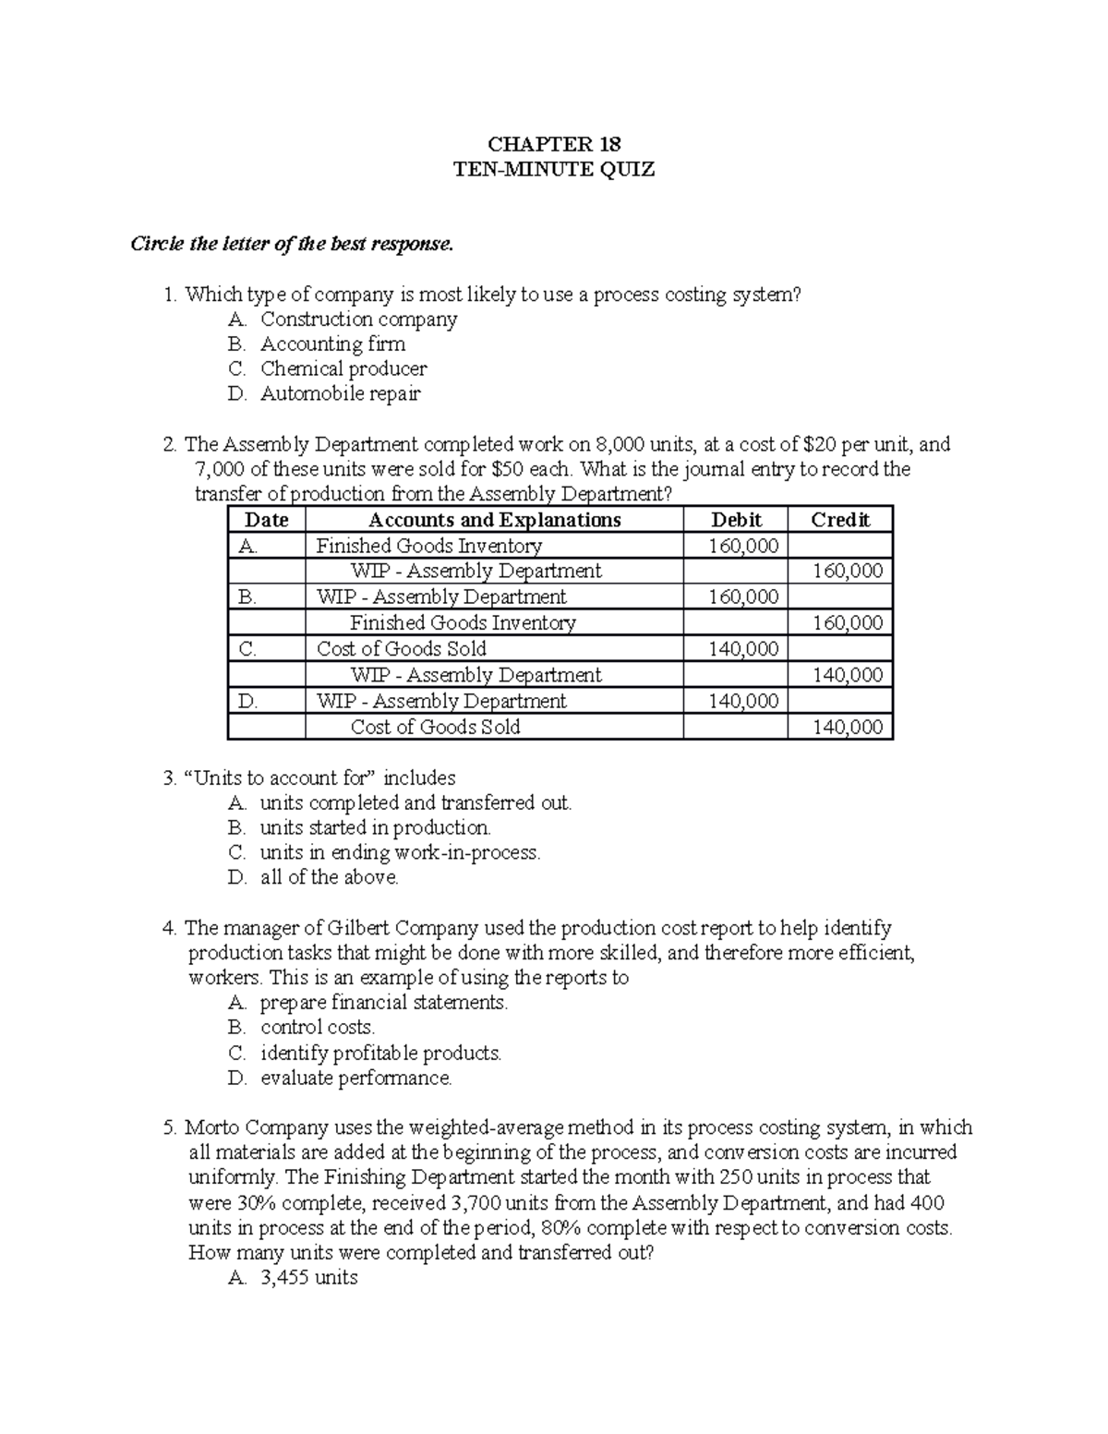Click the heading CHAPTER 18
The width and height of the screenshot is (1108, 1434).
(x=554, y=144)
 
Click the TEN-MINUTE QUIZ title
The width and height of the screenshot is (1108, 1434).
(x=554, y=169)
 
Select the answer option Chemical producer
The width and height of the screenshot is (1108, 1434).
(x=343, y=368)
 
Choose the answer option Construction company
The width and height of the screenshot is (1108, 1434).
(x=358, y=319)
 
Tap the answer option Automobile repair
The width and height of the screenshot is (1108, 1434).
(x=340, y=393)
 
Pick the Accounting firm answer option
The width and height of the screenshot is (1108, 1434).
(x=332, y=344)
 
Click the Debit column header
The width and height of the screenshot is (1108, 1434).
(x=736, y=520)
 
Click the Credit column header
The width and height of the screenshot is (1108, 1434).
(x=840, y=520)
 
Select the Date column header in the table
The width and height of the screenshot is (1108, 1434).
(x=266, y=520)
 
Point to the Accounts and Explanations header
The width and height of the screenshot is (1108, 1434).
(x=494, y=520)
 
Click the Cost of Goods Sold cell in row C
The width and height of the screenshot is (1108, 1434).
(x=401, y=649)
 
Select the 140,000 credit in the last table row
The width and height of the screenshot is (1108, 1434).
(x=848, y=728)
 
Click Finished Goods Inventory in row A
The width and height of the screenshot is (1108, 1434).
(x=428, y=546)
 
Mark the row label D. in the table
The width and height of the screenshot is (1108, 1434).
(x=247, y=702)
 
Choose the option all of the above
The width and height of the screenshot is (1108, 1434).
(x=329, y=877)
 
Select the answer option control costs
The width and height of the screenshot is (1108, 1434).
(x=317, y=1028)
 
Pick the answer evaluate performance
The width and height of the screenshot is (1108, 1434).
(x=355, y=1079)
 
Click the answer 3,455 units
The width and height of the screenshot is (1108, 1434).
(x=308, y=1278)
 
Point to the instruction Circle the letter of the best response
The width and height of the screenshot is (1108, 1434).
(x=293, y=245)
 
